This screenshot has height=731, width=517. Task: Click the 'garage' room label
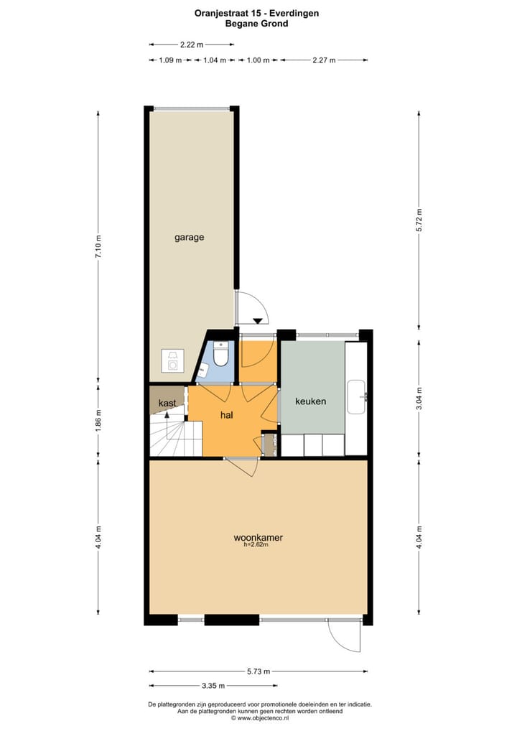(x=190, y=237)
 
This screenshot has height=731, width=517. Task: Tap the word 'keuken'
(x=311, y=401)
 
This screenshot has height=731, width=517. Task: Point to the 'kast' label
(x=167, y=404)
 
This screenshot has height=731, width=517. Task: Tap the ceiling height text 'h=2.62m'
(x=256, y=545)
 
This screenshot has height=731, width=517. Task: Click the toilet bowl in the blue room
(x=222, y=355)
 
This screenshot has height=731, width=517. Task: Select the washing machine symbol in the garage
(x=173, y=361)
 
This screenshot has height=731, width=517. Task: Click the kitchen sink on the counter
(x=358, y=396)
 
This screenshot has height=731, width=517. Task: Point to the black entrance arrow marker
(x=257, y=320)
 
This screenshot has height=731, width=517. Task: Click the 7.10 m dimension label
(x=98, y=246)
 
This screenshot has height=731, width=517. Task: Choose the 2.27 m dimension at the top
(x=324, y=61)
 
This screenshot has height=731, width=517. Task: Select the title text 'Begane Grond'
(x=257, y=24)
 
